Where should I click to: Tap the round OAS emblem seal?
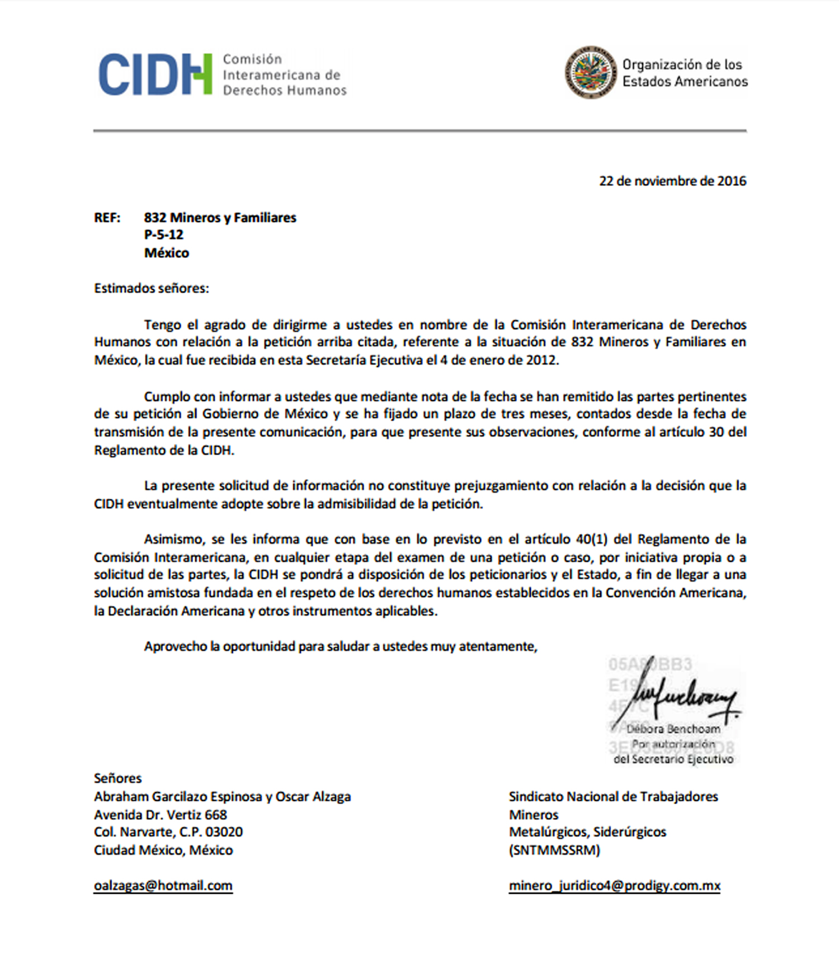click(590, 72)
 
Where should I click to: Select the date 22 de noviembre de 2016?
click(672, 181)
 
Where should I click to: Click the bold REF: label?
click(107, 218)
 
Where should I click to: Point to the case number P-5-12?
click(163, 234)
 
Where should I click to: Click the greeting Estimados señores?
click(151, 288)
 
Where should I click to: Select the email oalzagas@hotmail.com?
click(163, 885)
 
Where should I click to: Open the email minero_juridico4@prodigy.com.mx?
click(614, 885)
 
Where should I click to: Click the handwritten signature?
click(680, 697)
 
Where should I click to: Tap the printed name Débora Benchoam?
click(673, 729)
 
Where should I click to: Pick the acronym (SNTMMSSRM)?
click(554, 850)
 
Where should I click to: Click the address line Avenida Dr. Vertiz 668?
click(161, 814)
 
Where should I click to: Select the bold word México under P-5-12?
click(166, 252)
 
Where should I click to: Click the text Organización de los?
click(682, 64)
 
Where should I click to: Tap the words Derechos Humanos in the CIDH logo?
click(285, 90)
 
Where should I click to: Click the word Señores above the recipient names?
click(117, 778)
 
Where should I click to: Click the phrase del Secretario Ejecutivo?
click(673, 759)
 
